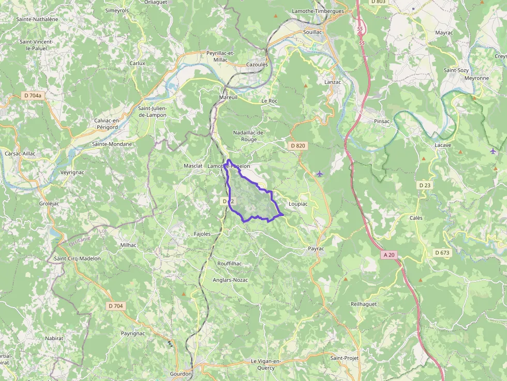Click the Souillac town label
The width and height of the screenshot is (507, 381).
pos(315,32)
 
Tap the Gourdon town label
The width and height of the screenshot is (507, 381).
pos(181,374)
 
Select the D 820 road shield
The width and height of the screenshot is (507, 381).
pos(299,146)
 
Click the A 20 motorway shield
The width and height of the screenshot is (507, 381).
pos(389,255)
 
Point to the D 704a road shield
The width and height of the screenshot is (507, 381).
pos(33,96)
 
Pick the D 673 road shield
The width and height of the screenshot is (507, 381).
pos(442,252)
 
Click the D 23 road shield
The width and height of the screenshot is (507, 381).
pos(425,185)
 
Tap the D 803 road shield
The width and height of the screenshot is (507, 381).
pos(378,2)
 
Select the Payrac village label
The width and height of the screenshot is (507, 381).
pos(316,249)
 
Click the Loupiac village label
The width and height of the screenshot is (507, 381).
pos(298,204)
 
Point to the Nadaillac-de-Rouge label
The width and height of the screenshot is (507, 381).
pos(249,136)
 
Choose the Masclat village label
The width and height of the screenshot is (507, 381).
pos(193,166)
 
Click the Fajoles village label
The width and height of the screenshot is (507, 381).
pos(202,234)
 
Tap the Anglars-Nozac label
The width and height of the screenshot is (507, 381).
pos(230,280)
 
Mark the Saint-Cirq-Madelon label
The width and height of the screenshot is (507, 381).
pos(77,258)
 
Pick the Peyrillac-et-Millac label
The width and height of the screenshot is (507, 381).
pos(220,56)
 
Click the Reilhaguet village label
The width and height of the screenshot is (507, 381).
pos(364,304)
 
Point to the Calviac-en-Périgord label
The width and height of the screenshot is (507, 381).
pos(107,124)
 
